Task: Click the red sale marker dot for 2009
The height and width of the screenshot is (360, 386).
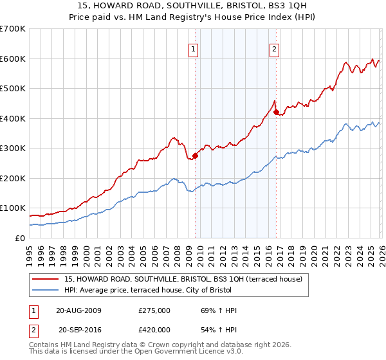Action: [x=195, y=156]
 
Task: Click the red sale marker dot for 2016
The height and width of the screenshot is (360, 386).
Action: [x=276, y=113]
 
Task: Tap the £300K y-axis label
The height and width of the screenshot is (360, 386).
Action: [x=12, y=148]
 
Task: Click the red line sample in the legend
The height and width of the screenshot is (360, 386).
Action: [x=46, y=279]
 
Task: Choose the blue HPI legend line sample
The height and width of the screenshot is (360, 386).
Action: [x=46, y=291]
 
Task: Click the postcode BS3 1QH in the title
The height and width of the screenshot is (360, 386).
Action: [x=256, y=6]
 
